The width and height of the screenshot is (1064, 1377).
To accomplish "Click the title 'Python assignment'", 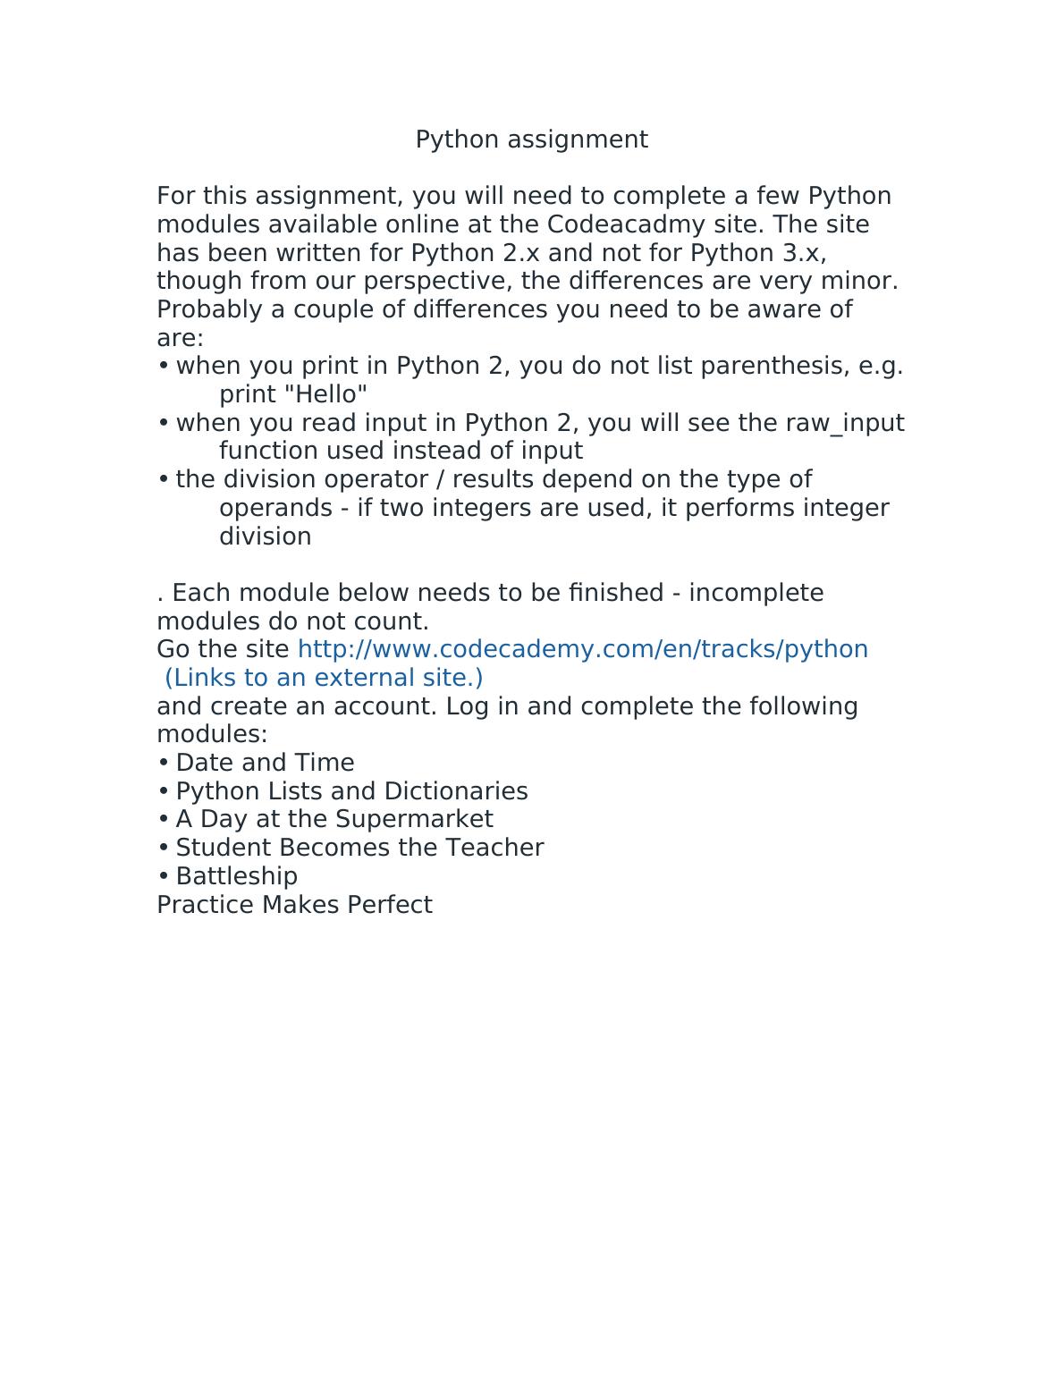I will [x=531, y=139].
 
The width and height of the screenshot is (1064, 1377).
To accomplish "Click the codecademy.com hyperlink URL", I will [x=582, y=649].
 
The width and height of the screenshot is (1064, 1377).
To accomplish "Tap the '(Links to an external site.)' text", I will [x=324, y=678].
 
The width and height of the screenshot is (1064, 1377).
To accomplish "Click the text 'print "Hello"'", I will [x=293, y=394].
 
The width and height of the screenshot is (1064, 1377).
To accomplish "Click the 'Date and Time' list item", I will [x=265, y=763].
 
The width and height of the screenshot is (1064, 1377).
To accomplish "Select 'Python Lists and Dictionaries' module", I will [x=351, y=791].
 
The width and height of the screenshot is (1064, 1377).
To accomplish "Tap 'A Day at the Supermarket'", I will [x=334, y=819].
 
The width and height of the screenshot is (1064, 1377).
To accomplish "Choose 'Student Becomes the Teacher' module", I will [x=359, y=848].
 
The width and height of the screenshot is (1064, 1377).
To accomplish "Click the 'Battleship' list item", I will [x=236, y=876].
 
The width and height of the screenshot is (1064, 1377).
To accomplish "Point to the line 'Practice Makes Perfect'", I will [x=294, y=905].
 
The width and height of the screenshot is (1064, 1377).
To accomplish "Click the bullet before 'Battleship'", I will [x=163, y=876].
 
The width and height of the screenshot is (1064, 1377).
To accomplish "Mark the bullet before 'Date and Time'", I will [x=163, y=763].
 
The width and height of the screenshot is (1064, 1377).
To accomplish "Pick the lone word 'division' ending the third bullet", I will [x=266, y=536].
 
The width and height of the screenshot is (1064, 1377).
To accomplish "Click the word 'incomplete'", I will [x=756, y=593].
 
